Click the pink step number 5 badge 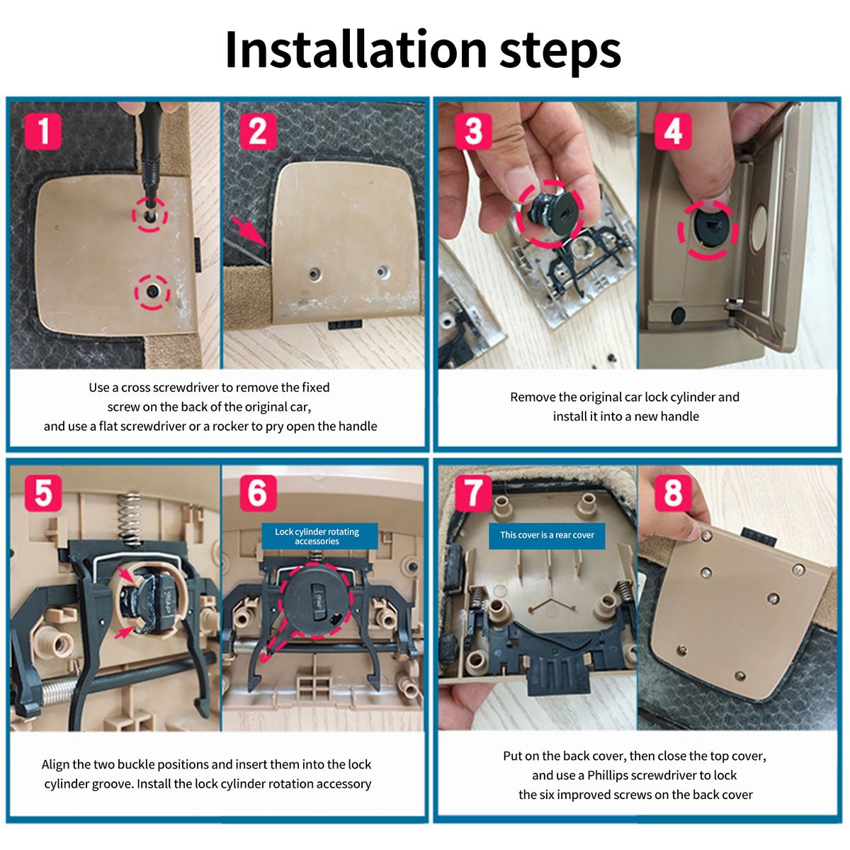(x=42, y=493)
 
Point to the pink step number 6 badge (x=258, y=493)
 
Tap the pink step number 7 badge (x=473, y=493)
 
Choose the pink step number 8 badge (x=673, y=493)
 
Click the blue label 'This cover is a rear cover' (x=547, y=535)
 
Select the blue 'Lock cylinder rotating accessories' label (x=319, y=536)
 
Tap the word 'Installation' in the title (x=356, y=50)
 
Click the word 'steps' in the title (x=560, y=52)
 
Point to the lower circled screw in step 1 (x=152, y=290)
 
